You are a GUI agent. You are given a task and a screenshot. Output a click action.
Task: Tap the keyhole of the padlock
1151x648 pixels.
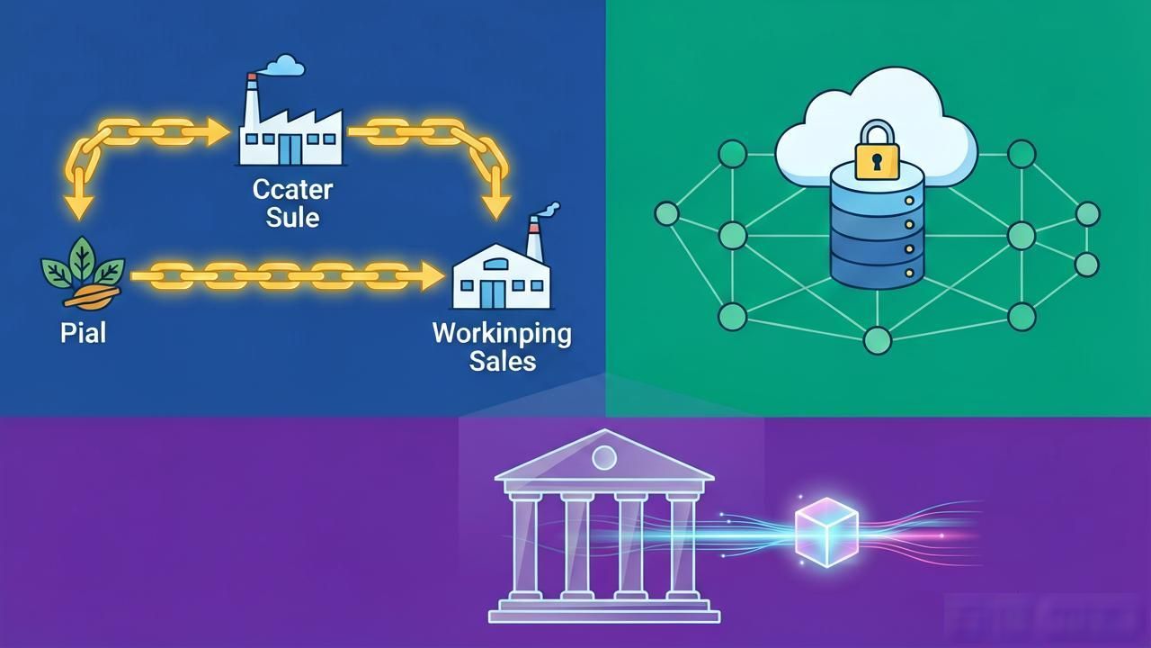click(x=877, y=162)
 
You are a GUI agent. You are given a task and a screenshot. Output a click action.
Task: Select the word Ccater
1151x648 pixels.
click(x=292, y=190)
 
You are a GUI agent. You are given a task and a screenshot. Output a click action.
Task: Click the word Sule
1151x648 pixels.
click(x=292, y=217)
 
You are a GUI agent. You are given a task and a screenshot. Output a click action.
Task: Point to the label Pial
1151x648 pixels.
click(x=84, y=333)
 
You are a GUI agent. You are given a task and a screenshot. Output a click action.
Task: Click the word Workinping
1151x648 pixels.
click(x=502, y=335)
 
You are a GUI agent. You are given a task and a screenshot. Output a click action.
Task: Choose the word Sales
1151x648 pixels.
click(x=503, y=361)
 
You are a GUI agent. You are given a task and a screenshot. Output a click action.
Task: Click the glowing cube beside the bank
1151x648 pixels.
click(x=826, y=532)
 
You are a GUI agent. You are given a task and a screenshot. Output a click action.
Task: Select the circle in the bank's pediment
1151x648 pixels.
click(x=604, y=457)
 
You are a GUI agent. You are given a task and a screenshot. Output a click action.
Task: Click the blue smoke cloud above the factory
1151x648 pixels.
click(x=283, y=66)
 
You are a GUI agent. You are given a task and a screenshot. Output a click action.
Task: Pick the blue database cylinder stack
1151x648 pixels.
click(x=877, y=225)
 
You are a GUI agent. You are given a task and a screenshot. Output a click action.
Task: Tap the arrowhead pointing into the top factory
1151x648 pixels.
click(x=218, y=132)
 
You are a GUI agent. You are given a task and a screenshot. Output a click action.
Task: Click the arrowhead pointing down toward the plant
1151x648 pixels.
click(x=80, y=208)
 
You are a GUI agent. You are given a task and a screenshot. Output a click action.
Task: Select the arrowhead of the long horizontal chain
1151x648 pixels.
click(x=433, y=276)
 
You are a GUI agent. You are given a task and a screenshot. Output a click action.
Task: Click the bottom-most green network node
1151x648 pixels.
click(x=877, y=340)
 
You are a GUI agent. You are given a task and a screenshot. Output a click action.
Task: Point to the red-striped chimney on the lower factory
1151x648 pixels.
click(x=535, y=239)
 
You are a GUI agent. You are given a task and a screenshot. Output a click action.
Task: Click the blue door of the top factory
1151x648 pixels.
click(x=291, y=149)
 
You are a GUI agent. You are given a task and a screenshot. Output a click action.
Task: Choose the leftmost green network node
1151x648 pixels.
click(x=667, y=213)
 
